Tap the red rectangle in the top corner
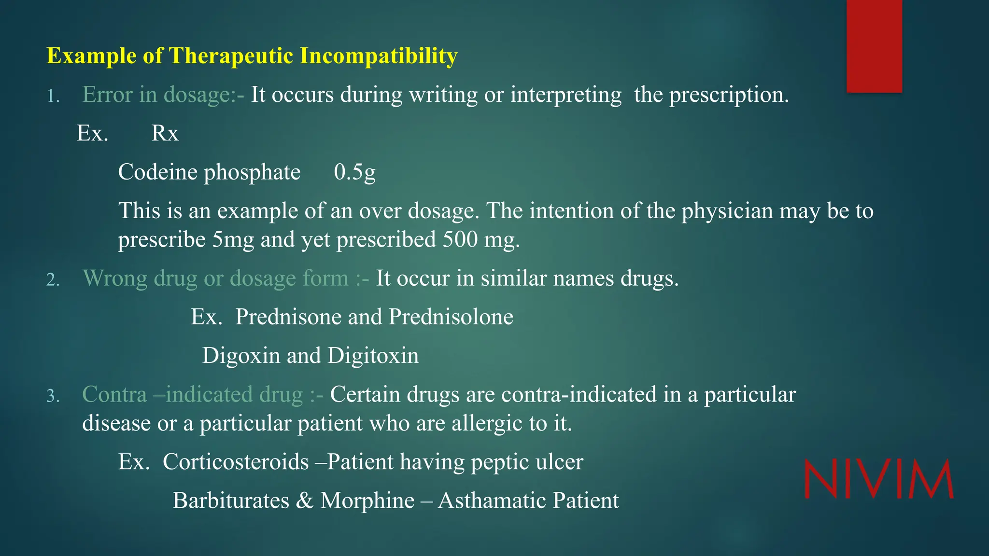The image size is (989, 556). (874, 46)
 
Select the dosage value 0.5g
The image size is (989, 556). (354, 172)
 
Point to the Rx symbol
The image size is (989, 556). (165, 134)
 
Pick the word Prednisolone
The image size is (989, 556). (451, 317)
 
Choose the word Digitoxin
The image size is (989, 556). (373, 356)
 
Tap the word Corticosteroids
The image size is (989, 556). (236, 462)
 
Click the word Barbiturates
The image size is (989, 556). (231, 500)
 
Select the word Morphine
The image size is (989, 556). (367, 500)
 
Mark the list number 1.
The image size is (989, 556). (53, 97)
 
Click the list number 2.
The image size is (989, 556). (53, 280)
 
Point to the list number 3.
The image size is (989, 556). (53, 397)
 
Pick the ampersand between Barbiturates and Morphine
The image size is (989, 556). (304, 500)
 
